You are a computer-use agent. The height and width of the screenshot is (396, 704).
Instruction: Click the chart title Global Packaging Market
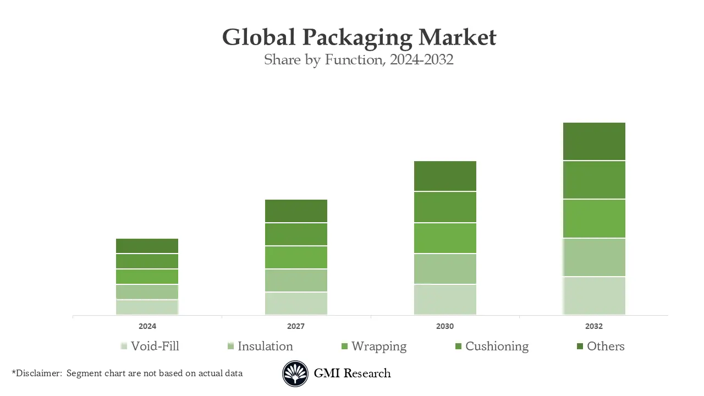359,37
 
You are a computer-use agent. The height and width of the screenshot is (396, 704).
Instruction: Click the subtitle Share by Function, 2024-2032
359,59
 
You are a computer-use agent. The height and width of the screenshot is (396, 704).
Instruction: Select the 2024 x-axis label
147,326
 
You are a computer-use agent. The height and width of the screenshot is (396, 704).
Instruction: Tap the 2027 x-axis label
296,326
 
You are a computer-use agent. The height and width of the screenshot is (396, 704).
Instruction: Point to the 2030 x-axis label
445,326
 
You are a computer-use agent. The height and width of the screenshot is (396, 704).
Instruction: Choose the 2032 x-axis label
594,326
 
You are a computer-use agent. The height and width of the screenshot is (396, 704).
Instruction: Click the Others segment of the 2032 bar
594,141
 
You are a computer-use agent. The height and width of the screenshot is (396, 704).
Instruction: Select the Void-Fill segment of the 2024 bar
147,307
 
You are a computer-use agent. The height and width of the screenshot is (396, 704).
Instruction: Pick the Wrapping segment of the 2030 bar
445,238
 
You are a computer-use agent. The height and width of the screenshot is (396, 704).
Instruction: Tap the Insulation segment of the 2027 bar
296,280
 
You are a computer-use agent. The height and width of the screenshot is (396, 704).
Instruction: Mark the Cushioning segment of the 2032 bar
594,180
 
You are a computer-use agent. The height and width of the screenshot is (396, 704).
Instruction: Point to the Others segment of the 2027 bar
296,211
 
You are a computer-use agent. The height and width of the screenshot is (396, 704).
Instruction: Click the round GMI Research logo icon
295,374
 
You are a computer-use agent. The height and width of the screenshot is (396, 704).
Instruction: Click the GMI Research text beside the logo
352,373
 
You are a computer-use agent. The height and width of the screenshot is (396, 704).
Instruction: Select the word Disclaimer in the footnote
39,373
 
